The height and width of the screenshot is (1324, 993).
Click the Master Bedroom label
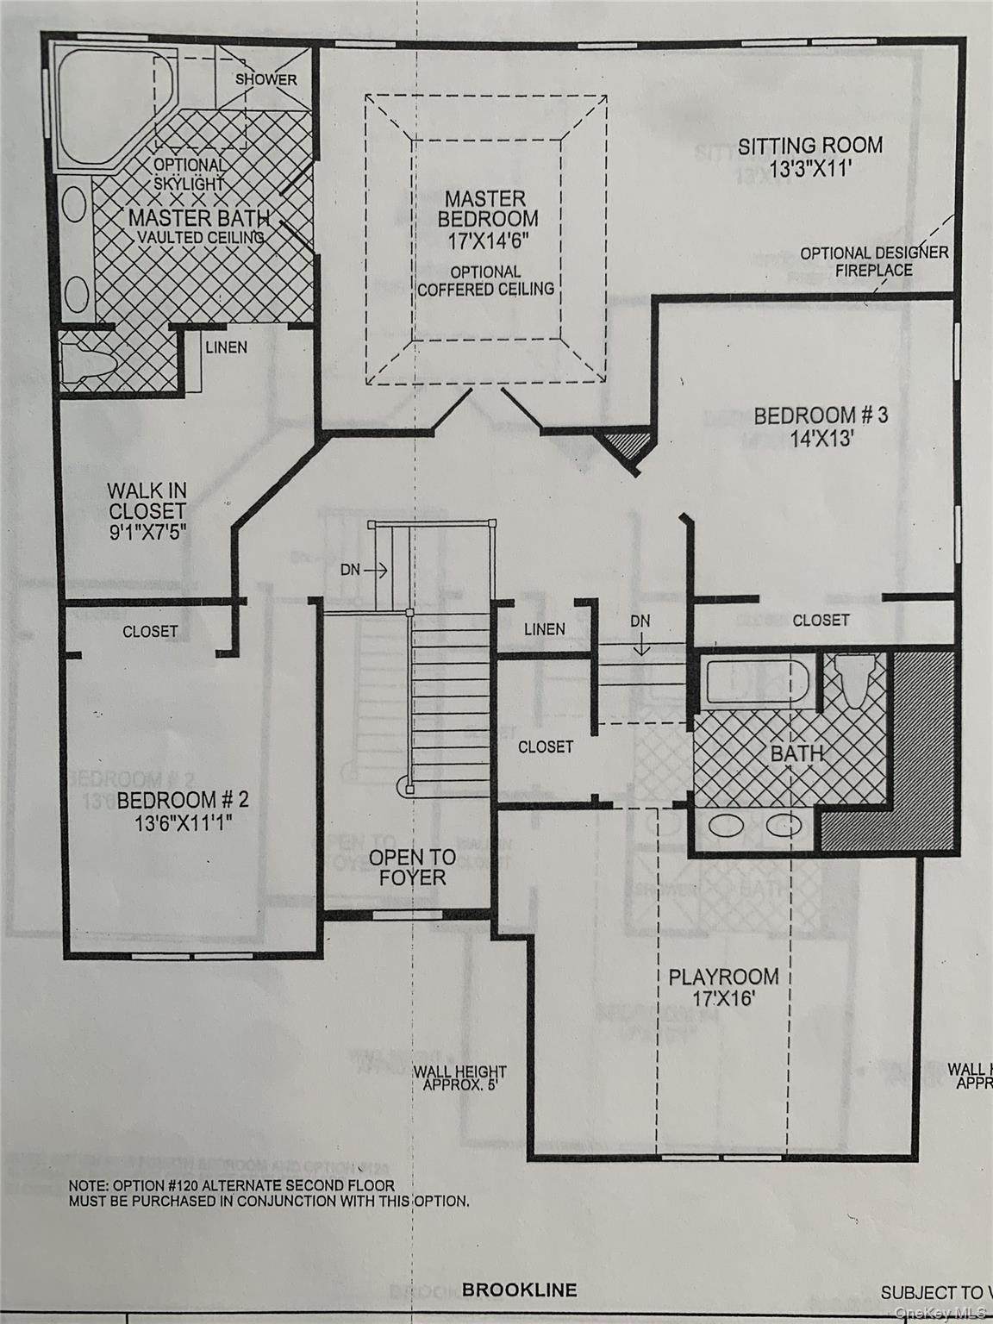(488, 219)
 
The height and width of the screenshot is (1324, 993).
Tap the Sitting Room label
(809, 156)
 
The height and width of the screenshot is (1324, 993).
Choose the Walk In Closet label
(147, 511)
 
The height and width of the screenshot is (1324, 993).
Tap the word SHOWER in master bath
(266, 79)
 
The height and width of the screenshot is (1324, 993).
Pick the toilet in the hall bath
(854, 682)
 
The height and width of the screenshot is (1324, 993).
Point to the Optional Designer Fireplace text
(874, 260)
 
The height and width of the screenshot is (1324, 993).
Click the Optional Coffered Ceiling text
(485, 281)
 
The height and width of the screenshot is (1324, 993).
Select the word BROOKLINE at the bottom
(519, 1290)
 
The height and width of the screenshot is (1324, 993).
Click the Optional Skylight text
(190, 173)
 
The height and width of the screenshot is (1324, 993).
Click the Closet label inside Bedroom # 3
(821, 620)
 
